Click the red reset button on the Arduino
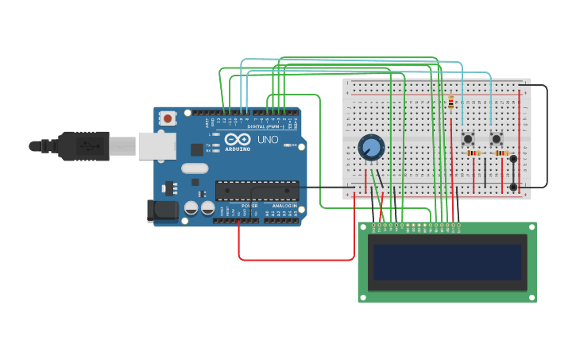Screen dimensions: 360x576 point(168,118)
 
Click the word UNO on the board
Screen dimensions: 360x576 point(268,140)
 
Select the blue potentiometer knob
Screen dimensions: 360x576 point(371,147)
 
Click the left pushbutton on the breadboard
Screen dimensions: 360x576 point(469,138)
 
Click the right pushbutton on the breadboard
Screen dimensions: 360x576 point(497,139)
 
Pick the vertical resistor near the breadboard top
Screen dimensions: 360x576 point(451,103)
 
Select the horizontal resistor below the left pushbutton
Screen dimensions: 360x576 point(474,153)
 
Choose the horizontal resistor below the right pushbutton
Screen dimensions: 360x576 point(501,153)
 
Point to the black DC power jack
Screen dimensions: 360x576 point(162,211)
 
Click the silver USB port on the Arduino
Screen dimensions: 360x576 point(157,146)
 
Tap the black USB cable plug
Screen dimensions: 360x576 point(83,146)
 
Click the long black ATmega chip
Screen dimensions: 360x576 point(257,191)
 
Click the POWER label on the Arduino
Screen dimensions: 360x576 point(249,206)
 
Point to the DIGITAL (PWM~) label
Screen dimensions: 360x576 point(265,126)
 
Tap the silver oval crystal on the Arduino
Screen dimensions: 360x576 point(195,168)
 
